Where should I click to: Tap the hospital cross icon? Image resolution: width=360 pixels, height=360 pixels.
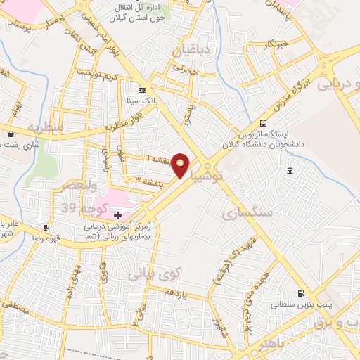point(117,214)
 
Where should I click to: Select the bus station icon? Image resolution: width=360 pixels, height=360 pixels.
point(263,122)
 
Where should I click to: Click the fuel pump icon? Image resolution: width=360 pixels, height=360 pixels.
point(302,294)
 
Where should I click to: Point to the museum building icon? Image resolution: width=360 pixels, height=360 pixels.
point(290,172)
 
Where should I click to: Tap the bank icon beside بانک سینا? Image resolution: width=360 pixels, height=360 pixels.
point(143,91)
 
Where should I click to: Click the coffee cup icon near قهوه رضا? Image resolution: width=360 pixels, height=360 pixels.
point(46,227)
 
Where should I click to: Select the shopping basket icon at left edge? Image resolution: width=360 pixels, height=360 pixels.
point(10,134)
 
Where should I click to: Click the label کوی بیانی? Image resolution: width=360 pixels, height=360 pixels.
point(154,273)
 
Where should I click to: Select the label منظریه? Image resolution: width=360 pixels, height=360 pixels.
point(45,127)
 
